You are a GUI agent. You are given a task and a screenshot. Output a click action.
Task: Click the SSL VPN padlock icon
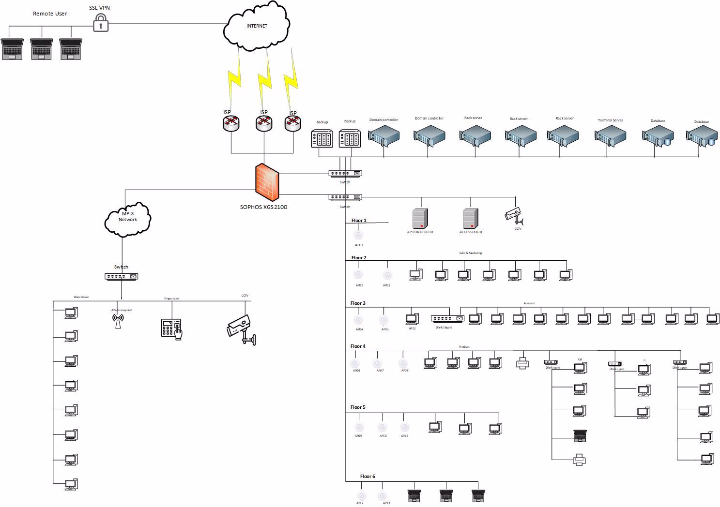coord(101,23)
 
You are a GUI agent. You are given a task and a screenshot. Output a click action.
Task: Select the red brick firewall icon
coord(267,182)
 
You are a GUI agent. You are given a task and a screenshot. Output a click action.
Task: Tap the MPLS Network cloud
coord(128,219)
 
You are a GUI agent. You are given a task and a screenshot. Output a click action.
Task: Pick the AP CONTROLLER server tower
coord(420,218)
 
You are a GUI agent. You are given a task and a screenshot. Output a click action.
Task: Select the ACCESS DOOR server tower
coord(470,218)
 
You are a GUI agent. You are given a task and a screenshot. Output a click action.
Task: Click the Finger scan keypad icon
coord(171,328)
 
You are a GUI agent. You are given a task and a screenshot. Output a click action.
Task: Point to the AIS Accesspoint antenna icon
coord(118,321)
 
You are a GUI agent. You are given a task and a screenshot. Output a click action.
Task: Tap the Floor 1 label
coord(359,221)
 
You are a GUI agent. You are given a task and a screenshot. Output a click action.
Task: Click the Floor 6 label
coord(368,477)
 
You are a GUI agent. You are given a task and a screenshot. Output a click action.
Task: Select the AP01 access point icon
coord(358,235)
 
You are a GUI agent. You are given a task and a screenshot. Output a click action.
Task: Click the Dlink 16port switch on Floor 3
coord(447,318)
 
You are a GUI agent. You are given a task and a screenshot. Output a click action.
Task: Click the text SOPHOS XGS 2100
coord(263,207)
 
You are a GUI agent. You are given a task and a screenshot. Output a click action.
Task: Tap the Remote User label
coord(50,14)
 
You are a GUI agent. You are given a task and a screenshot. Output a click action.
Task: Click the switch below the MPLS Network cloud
coord(121,276)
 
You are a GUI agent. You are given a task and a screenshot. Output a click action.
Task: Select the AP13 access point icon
coord(382,496)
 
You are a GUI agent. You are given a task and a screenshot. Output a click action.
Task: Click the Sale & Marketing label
coord(470,253)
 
